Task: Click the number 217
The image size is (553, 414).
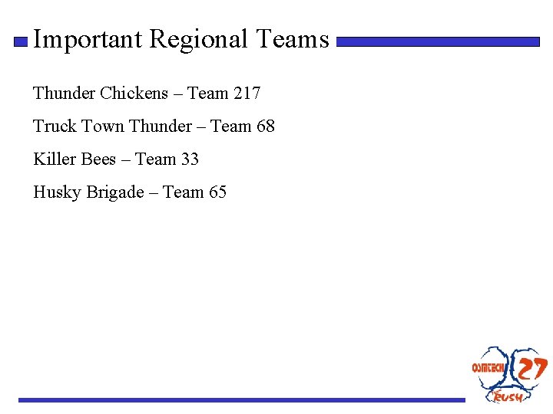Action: click(247, 94)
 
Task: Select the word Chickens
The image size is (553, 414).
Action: click(134, 94)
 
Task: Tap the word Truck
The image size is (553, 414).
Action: click(55, 127)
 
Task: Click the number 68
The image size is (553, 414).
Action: click(265, 127)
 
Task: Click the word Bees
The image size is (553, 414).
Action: click(98, 159)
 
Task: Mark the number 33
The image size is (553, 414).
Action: click(190, 159)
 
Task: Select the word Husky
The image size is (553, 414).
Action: click(57, 192)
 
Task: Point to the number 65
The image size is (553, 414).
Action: click(217, 192)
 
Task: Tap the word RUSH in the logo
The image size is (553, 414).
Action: click(508, 396)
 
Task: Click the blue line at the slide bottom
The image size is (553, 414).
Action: click(242, 399)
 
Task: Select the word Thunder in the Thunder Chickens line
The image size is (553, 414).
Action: click(64, 94)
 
